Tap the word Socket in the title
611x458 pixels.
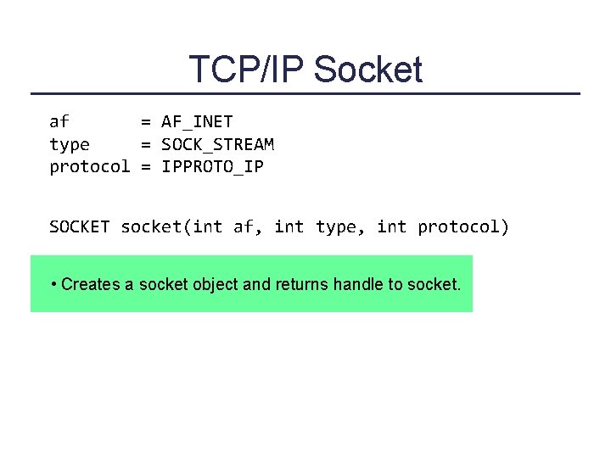(368, 70)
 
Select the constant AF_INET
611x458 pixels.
(197, 122)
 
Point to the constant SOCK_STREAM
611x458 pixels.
(217, 144)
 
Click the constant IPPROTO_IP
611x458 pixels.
(212, 166)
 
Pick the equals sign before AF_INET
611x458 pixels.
(146, 122)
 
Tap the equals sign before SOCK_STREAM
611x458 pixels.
(146, 144)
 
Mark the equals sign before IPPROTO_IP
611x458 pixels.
(146, 166)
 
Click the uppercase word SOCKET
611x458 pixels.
(80, 226)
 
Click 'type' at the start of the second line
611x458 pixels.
(70, 144)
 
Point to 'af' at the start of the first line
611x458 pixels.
(59, 122)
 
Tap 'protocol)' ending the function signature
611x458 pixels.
(463, 226)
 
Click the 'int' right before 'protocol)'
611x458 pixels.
(391, 226)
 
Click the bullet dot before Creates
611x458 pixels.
(53, 284)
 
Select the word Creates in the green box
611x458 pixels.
(91, 284)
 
